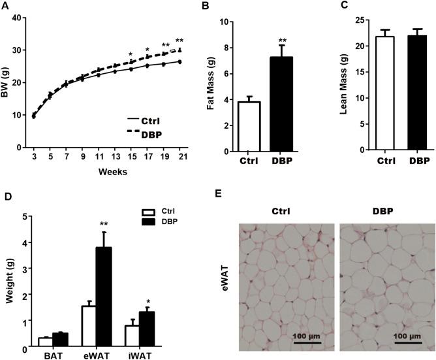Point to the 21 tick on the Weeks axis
[x=179, y=158]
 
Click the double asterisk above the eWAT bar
[x=104, y=225]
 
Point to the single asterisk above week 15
[x=131, y=55]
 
